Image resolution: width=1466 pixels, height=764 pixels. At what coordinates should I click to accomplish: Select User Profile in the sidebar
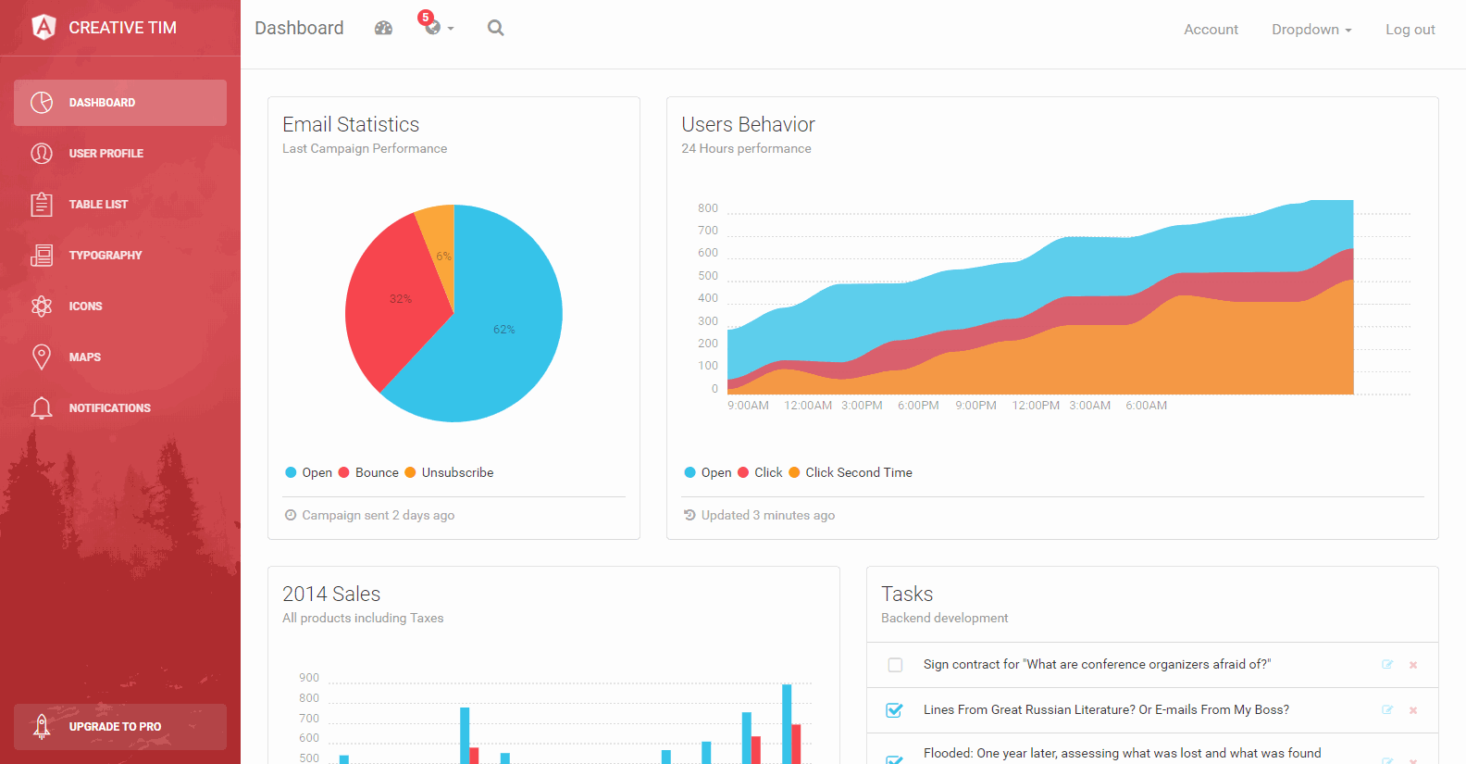coord(106,154)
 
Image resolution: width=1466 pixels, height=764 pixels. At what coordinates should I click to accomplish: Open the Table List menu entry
coord(98,205)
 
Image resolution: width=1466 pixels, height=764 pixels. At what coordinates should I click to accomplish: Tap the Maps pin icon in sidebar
coord(42,357)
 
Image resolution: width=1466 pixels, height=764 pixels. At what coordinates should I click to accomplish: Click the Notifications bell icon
coord(42,407)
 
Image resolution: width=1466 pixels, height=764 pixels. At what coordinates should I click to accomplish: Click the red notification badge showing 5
coord(426,18)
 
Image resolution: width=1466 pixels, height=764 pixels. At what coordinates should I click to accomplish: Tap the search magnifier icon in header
coord(496,28)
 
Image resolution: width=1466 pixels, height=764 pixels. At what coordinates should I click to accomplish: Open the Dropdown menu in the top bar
coord(1311,30)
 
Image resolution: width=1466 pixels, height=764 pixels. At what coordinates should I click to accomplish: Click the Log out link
coord(1410,30)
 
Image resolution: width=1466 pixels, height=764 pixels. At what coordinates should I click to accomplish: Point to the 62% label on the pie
coord(503,330)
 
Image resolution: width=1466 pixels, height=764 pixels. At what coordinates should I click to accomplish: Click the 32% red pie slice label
coord(400,299)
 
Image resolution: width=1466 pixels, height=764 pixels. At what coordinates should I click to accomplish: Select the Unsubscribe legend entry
coord(457,472)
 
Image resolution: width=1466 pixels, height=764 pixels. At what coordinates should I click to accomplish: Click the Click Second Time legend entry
coord(858,472)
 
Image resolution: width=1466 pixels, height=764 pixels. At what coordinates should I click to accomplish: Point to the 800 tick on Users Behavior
coord(708,208)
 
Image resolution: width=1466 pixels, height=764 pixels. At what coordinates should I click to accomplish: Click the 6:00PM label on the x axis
coord(918,406)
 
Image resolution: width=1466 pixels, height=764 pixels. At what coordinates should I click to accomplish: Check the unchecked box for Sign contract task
coord(895,665)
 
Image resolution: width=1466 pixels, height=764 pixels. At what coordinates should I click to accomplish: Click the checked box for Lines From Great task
coord(894,710)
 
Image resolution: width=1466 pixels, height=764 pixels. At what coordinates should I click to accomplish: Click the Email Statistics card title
coord(351,124)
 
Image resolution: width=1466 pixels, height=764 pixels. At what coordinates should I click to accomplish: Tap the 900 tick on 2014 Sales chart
coord(309,678)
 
